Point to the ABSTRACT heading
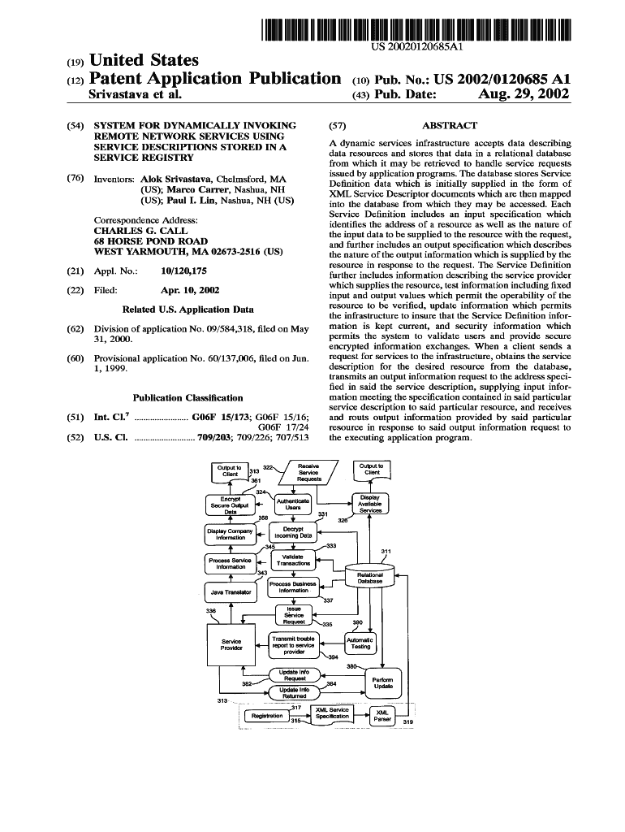point(450,126)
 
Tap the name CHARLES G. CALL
point(141,231)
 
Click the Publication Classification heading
point(187,398)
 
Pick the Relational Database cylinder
point(369,576)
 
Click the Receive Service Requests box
point(308,473)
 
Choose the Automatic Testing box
point(360,643)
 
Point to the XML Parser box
point(382,716)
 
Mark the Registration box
point(267,716)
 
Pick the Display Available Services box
point(370,505)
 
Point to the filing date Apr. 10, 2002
point(190,290)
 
